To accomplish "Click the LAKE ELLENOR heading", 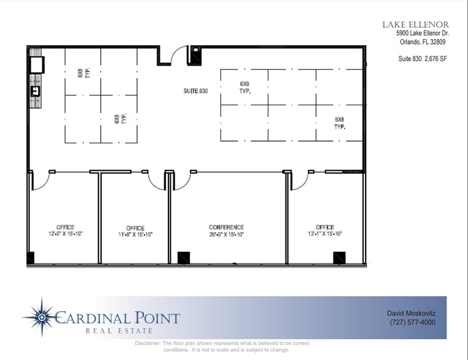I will click(x=416, y=24).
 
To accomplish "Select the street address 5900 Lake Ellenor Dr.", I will click(x=422, y=34).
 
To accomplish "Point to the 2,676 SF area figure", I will click(x=436, y=59).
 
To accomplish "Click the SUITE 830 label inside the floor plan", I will click(x=195, y=91).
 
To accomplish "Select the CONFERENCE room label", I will click(x=226, y=227).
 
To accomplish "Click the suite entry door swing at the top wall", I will click(x=178, y=56).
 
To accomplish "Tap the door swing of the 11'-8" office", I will click(x=156, y=181).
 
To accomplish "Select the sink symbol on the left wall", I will click(x=35, y=91).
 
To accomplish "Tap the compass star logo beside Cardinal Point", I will click(x=41, y=317).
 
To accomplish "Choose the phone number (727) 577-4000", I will click(x=412, y=322).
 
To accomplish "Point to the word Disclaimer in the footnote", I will click(x=148, y=343).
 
